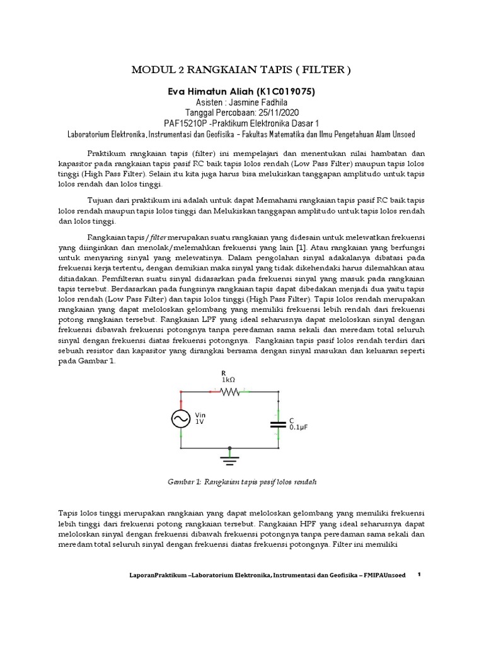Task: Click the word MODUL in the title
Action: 151,70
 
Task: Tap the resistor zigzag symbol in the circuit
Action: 229,391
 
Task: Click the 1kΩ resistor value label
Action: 228,380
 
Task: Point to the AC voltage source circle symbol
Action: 182,420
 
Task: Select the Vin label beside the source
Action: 201,416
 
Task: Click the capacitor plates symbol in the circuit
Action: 278,421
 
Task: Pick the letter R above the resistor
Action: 223,372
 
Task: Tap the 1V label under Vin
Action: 200,423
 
